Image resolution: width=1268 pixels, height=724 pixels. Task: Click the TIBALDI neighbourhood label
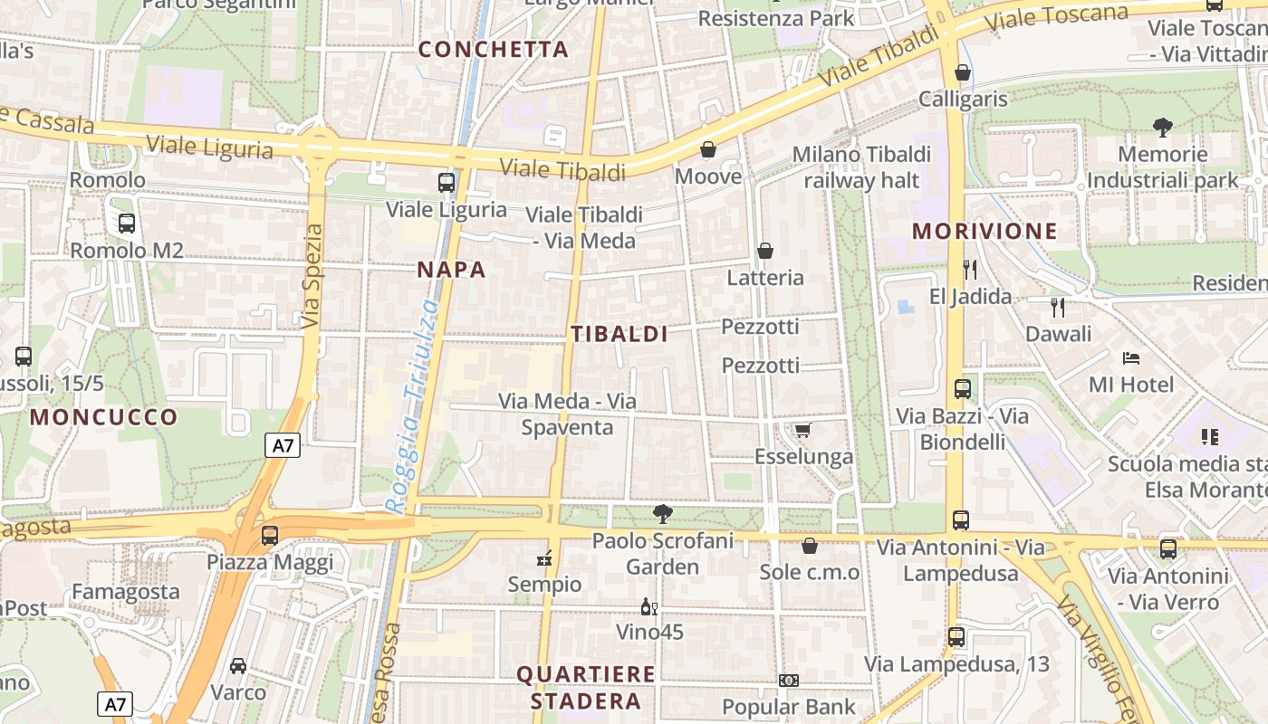click(x=620, y=334)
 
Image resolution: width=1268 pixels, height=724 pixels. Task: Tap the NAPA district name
click(x=451, y=270)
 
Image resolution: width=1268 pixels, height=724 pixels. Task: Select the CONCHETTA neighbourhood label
click(x=494, y=50)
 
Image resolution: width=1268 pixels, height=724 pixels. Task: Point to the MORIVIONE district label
click(x=985, y=231)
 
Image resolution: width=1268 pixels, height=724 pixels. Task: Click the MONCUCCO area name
click(x=104, y=417)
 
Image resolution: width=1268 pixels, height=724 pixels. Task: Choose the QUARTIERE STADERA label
click(x=586, y=688)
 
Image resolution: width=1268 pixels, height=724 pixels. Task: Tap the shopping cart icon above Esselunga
click(x=802, y=430)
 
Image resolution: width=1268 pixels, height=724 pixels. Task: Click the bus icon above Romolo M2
click(x=127, y=223)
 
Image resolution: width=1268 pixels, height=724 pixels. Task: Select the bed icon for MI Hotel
click(x=1130, y=358)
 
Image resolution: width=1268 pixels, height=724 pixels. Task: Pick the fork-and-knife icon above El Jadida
click(x=970, y=269)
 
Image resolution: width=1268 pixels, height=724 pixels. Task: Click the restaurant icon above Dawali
click(x=1057, y=307)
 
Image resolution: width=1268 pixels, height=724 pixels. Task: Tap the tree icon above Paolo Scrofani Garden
click(x=663, y=514)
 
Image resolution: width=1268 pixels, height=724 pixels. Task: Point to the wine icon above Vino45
click(x=648, y=606)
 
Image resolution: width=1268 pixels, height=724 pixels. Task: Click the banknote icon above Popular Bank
click(x=788, y=681)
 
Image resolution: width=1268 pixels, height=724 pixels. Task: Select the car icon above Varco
click(x=237, y=666)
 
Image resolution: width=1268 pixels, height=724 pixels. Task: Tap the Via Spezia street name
click(x=312, y=276)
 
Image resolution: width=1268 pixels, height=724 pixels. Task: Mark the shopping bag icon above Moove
click(x=708, y=149)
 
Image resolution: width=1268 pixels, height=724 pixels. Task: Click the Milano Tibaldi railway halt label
click(x=861, y=167)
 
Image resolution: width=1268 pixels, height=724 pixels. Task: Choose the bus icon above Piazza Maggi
click(x=269, y=535)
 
